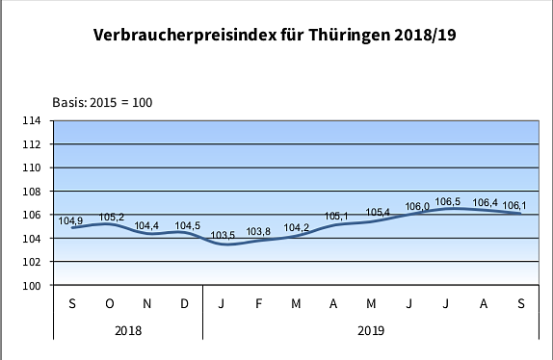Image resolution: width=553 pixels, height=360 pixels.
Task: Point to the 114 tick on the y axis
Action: point(31,120)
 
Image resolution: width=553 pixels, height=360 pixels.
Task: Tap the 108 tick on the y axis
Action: point(31,192)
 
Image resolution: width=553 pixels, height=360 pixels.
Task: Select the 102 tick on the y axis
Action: point(31,262)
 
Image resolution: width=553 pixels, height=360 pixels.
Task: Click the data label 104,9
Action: point(70,220)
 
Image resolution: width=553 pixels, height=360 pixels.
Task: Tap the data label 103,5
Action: point(224,236)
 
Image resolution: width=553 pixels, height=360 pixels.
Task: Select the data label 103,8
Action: point(260,232)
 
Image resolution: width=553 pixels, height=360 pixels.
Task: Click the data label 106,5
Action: point(448,202)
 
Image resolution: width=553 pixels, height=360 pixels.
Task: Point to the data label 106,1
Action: point(514,205)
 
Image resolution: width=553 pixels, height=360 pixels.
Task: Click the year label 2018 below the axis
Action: point(128,331)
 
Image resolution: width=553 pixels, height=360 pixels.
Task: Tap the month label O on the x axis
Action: point(110,304)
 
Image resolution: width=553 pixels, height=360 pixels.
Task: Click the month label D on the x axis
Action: point(184,304)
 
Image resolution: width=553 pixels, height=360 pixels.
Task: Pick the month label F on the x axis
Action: point(260,304)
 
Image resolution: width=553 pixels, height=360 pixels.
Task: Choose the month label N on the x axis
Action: point(147,304)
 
